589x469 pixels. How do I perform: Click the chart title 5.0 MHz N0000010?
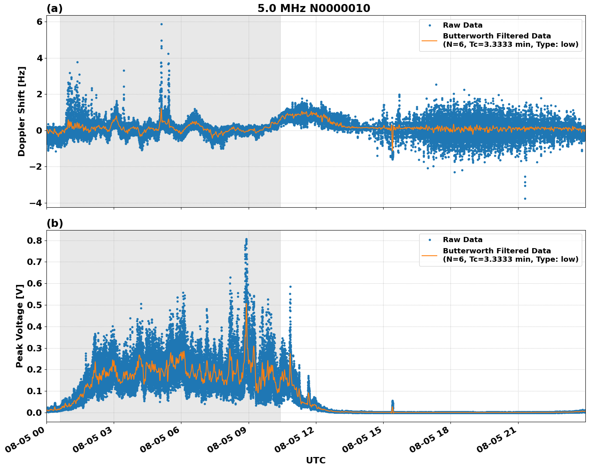click(314, 8)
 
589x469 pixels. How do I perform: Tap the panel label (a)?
click(54, 8)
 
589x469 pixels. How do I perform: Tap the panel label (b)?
click(54, 223)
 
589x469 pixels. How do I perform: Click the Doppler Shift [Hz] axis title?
click(22, 111)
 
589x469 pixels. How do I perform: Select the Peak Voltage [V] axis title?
click(20, 326)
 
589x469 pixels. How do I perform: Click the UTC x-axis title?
click(316, 460)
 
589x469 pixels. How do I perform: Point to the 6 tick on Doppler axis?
click(39, 22)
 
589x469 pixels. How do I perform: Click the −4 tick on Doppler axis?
click(36, 203)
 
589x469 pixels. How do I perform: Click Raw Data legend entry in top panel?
click(462, 25)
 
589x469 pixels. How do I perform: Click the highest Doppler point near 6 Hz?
click(161, 24)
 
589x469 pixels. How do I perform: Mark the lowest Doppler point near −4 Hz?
click(525, 198)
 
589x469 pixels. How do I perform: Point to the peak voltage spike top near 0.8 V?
click(246, 239)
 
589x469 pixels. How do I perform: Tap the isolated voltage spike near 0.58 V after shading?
click(290, 287)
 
